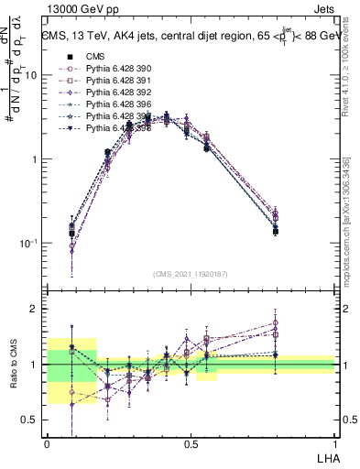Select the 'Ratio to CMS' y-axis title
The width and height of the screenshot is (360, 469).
point(13,376)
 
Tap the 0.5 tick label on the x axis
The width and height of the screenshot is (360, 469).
point(191,443)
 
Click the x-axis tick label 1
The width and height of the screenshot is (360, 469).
point(334,443)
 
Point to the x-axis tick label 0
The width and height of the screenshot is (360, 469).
point(47,443)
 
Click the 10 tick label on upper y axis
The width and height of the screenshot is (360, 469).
point(32,75)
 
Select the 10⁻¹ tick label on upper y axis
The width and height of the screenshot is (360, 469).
point(30,244)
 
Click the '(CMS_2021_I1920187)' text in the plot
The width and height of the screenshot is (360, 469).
point(191,274)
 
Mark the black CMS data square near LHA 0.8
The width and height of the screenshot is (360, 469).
point(276,232)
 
